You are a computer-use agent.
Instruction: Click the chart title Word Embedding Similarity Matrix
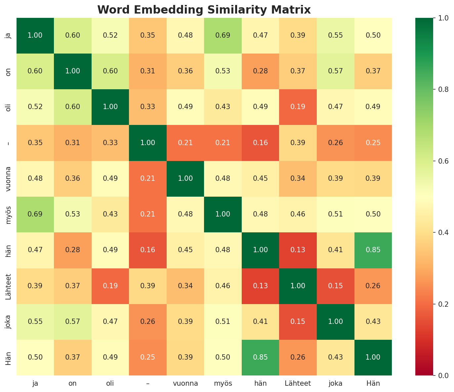click(x=204, y=10)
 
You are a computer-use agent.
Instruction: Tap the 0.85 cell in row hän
click(x=373, y=250)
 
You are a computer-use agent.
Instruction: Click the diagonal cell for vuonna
click(x=185, y=178)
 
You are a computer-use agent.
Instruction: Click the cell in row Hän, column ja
click(x=35, y=357)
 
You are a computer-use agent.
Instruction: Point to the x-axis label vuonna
click(x=185, y=383)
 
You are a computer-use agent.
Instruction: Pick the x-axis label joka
click(x=335, y=383)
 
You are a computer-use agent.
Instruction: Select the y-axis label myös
click(x=9, y=214)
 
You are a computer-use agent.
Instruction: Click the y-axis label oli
click(x=9, y=107)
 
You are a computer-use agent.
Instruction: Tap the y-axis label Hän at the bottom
click(x=9, y=357)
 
